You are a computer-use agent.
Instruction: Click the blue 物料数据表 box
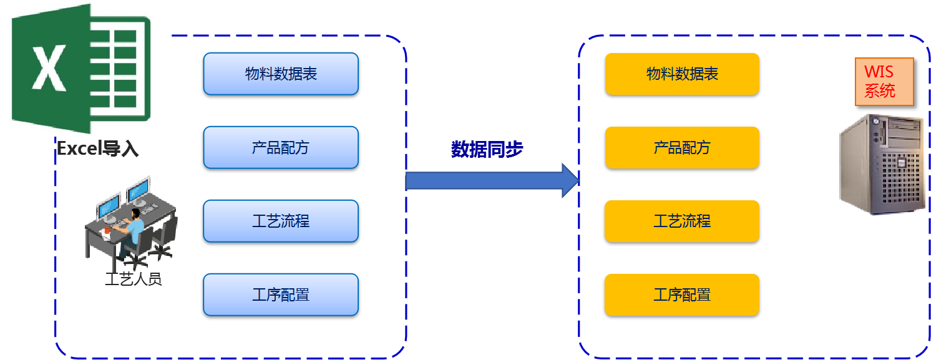pos(281,74)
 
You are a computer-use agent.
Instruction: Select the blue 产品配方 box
pos(281,147)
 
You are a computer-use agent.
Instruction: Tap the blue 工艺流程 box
pos(281,221)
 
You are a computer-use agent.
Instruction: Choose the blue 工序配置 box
pos(281,294)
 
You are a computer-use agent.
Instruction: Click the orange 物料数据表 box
pos(682,74)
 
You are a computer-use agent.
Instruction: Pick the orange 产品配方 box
pos(682,147)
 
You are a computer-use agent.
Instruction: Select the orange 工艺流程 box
pos(682,221)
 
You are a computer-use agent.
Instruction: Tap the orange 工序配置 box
pos(682,294)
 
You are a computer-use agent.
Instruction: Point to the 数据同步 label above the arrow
pos(487,150)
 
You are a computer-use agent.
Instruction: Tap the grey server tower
pos(881,165)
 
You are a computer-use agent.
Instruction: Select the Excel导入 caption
pos(97,149)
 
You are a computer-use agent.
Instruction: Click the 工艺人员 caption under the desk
pos(133,279)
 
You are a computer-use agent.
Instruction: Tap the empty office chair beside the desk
pos(163,237)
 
